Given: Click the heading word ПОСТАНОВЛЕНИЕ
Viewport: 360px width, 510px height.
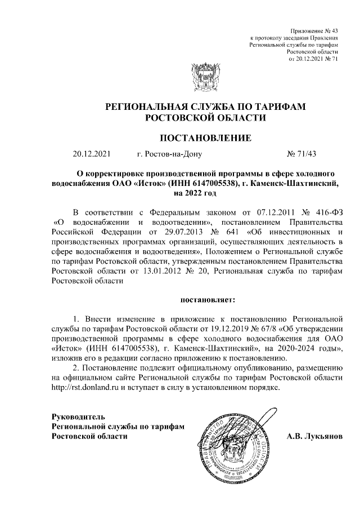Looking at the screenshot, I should (x=204, y=139).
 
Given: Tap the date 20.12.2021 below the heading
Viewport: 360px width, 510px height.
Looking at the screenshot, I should (x=92, y=154).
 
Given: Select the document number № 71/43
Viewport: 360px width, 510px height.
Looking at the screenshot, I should (x=302, y=154).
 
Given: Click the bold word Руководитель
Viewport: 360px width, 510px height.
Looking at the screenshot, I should (x=77, y=418).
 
